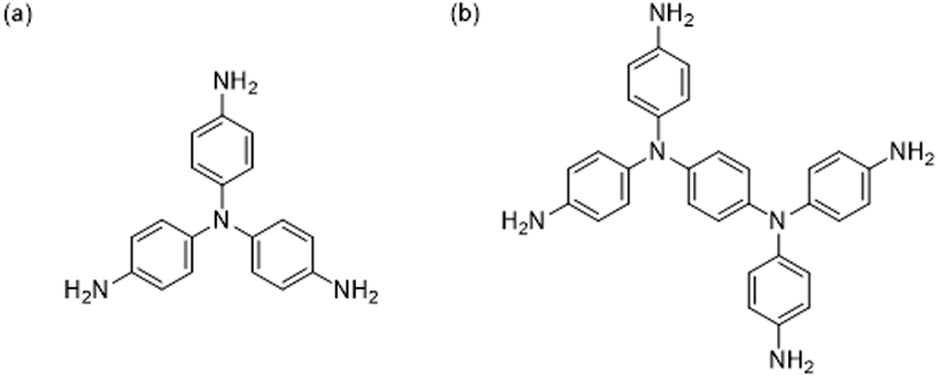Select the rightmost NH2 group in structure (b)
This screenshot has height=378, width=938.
tap(911, 152)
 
